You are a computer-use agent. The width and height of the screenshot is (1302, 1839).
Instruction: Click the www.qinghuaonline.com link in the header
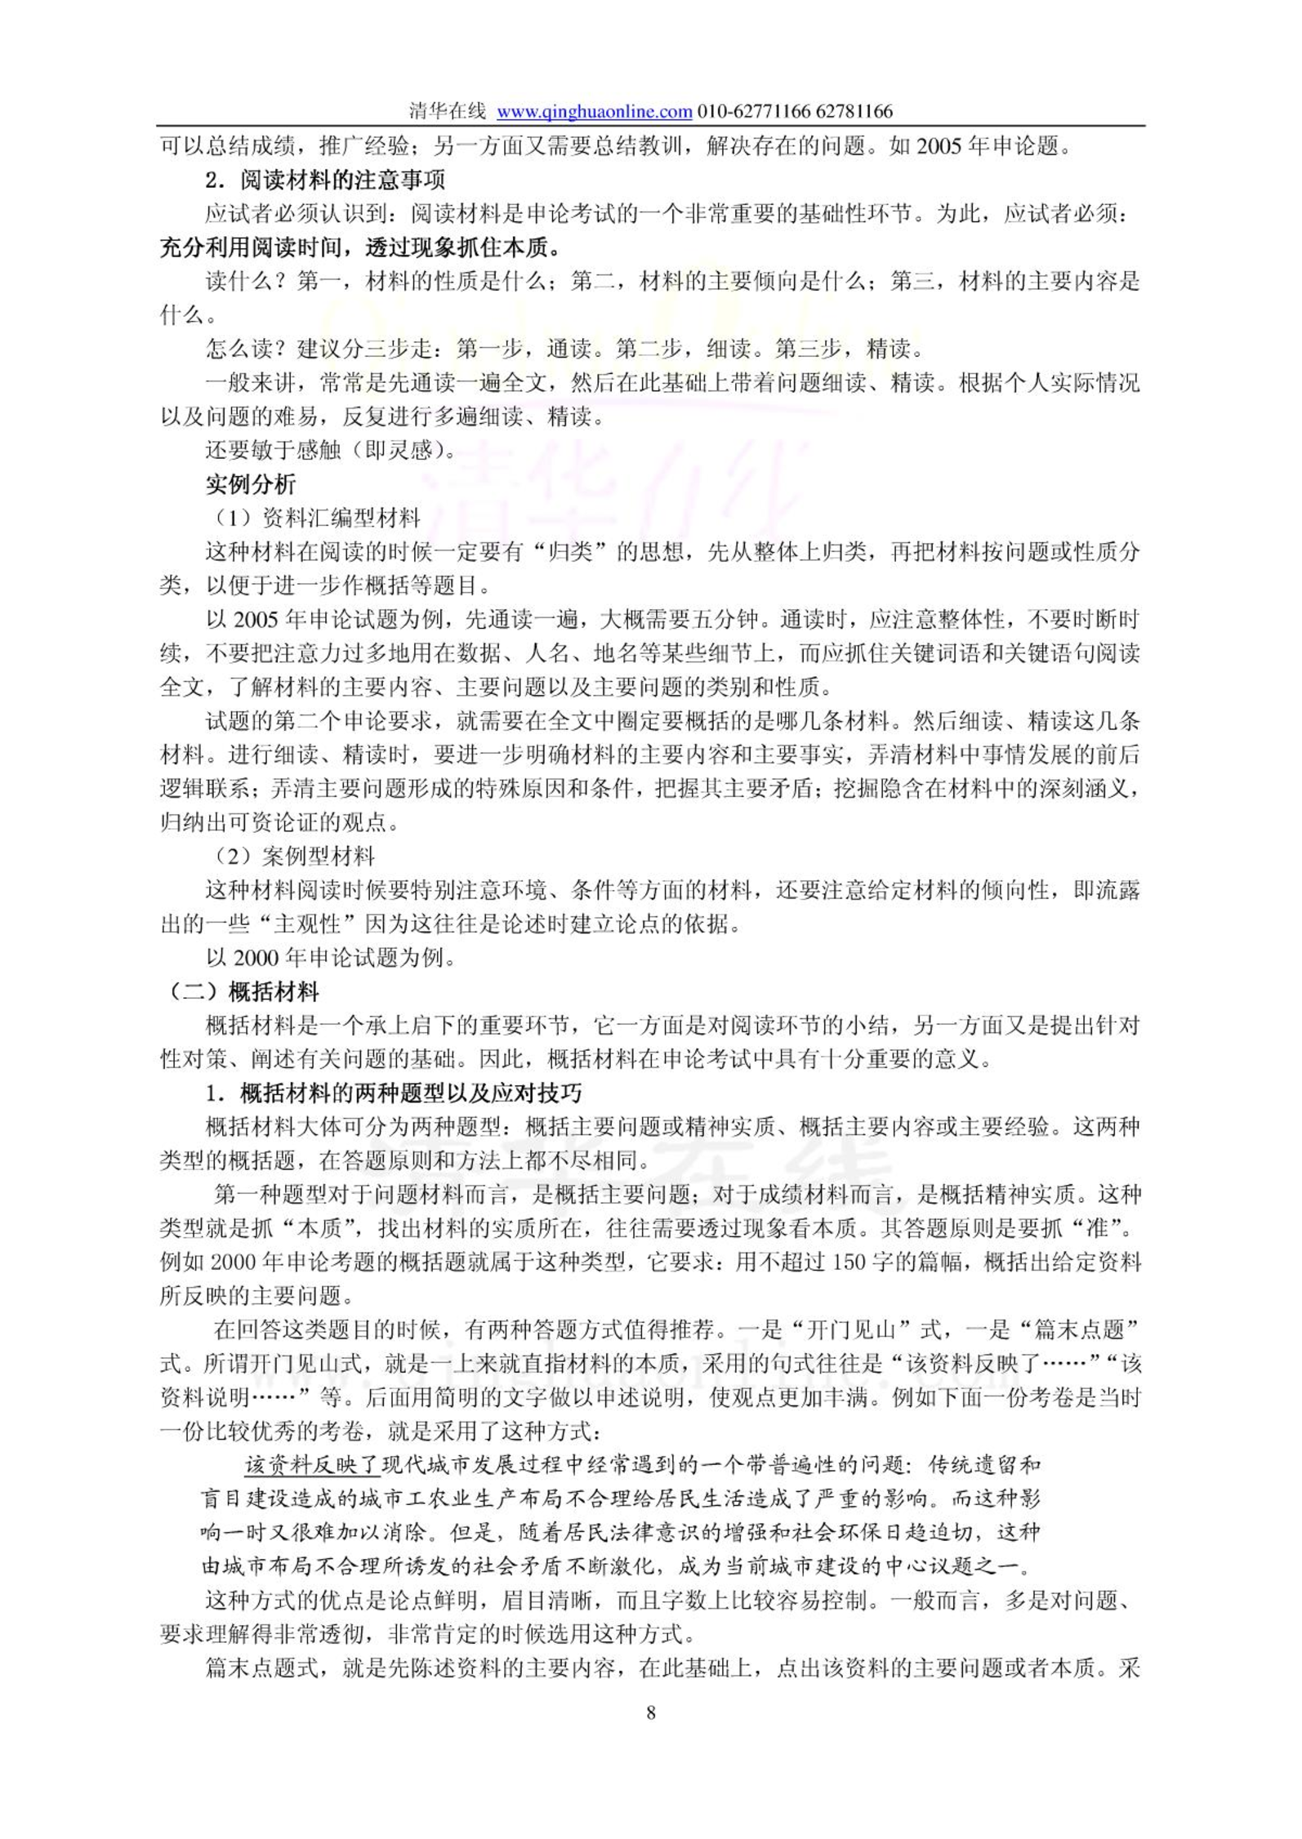click(594, 111)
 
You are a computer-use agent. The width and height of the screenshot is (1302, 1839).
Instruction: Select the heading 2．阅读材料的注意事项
click(324, 179)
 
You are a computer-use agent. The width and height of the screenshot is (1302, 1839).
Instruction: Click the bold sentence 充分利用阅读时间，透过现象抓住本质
click(359, 247)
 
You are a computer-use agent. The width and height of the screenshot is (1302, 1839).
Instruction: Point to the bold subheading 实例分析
click(250, 484)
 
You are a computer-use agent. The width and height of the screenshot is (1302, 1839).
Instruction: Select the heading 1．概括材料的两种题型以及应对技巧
click(393, 1093)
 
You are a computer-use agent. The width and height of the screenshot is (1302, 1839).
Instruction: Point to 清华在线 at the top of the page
click(448, 111)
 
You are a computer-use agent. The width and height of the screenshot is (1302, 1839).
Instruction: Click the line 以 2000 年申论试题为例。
click(331, 957)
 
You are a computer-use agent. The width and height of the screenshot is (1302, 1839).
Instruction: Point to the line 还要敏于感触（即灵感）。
click(332, 450)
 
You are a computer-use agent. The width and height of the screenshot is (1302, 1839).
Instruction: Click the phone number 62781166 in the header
click(854, 111)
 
